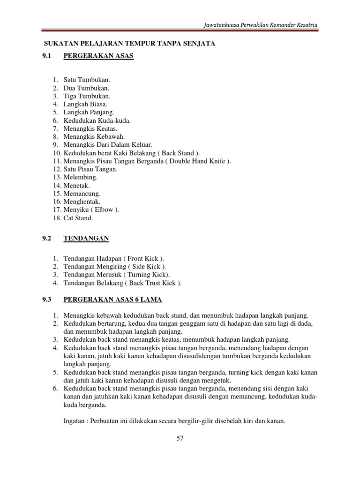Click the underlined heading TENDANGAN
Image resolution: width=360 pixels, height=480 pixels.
86,238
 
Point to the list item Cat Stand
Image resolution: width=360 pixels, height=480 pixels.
78,218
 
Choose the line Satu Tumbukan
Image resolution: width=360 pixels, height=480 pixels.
87,80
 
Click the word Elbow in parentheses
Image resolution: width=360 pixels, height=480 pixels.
104,210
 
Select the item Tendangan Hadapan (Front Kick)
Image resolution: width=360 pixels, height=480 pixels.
114,258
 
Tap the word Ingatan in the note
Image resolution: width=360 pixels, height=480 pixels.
75,421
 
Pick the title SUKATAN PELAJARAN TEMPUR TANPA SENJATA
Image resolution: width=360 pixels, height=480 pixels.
129,44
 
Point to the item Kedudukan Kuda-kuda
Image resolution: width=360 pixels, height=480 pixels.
97,120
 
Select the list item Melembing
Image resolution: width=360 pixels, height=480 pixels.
81,177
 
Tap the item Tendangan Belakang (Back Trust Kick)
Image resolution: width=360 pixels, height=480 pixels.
122,283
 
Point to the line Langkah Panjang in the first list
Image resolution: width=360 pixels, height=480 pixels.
89,112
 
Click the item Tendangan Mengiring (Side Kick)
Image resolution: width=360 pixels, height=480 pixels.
115,266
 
